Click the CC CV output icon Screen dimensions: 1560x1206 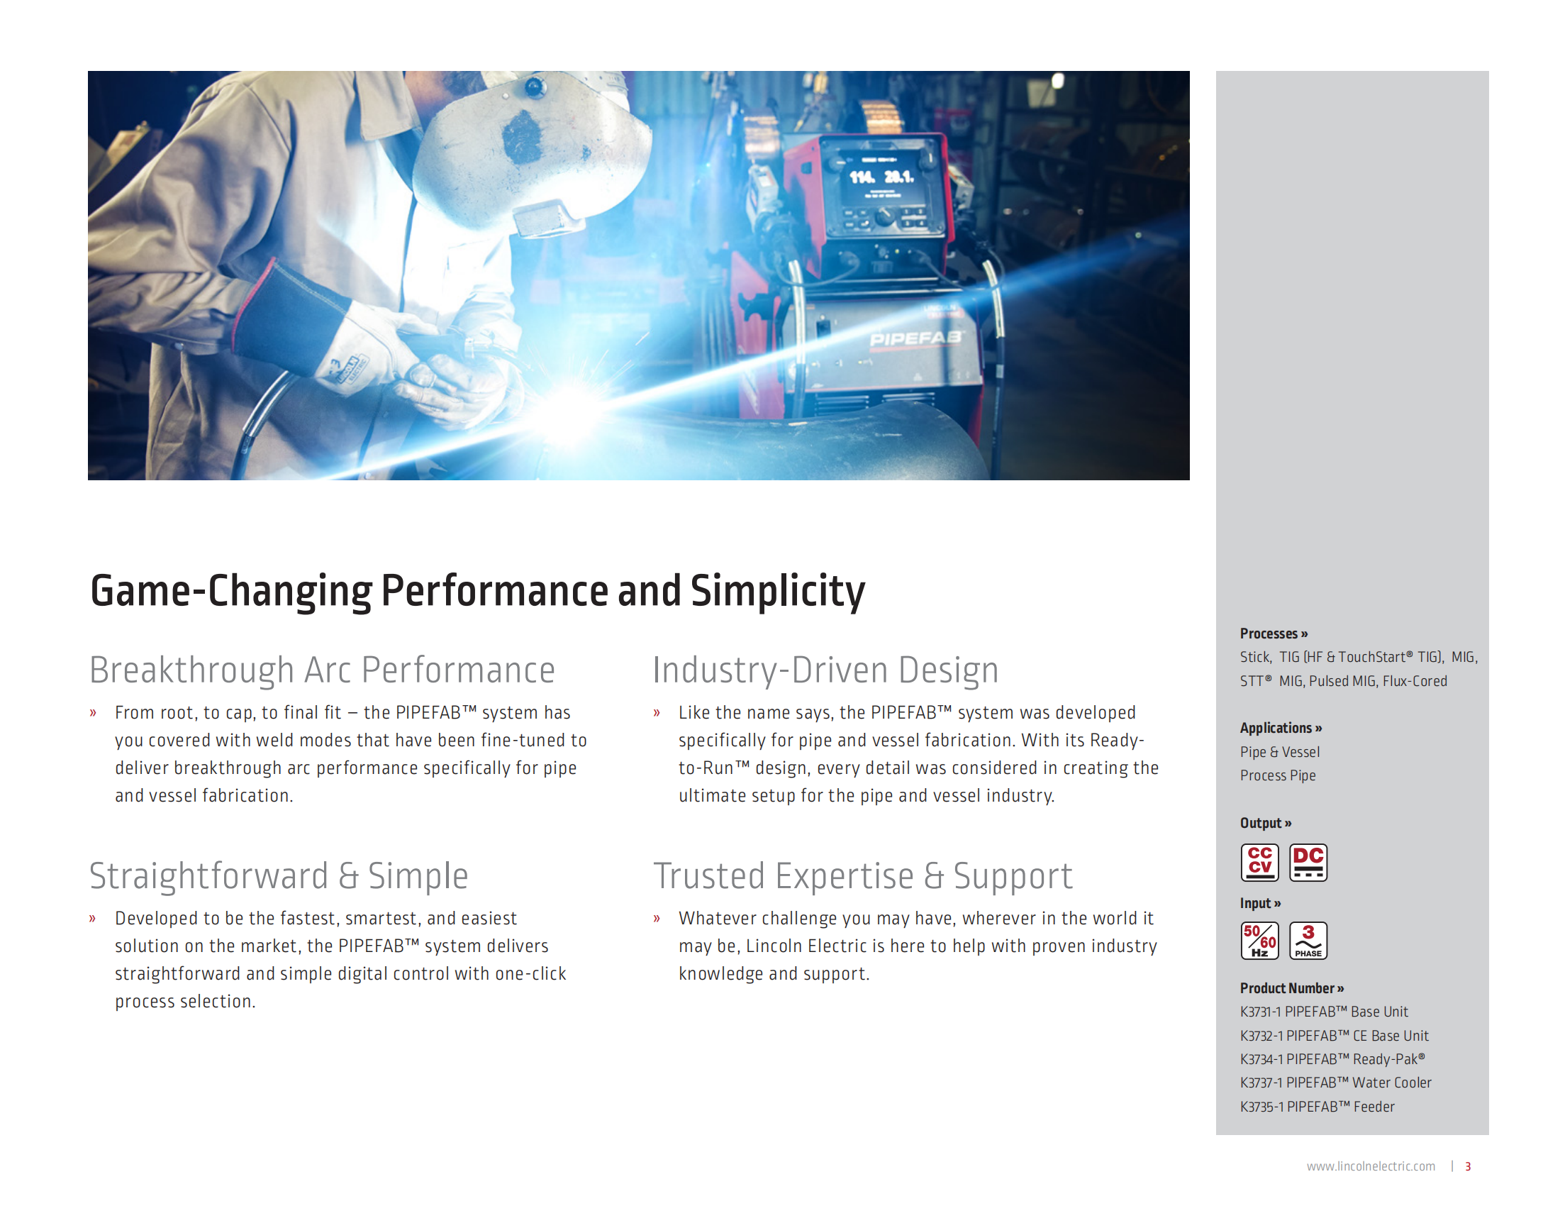click(x=1259, y=863)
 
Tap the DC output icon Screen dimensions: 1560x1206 click(x=1308, y=863)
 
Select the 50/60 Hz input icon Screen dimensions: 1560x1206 click(x=1259, y=940)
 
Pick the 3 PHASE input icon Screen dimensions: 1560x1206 click(x=1308, y=940)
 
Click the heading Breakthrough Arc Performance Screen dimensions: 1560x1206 click(x=322, y=670)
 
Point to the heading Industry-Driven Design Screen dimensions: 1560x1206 click(x=825, y=670)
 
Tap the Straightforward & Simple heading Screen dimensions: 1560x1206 click(x=279, y=876)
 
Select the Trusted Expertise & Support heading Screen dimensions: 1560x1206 click(x=863, y=876)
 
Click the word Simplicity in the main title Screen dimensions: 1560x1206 click(x=778, y=592)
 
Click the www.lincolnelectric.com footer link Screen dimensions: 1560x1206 click(x=1371, y=1166)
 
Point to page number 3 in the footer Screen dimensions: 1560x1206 click(x=1468, y=1166)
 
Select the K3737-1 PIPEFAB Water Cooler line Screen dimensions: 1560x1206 click(x=1336, y=1083)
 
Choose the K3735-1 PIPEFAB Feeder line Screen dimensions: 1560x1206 click(x=1317, y=1107)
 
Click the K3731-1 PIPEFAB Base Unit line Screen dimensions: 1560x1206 click(x=1325, y=1012)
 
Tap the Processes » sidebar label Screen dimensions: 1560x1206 click(x=1274, y=634)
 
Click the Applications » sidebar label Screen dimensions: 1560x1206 click(x=1281, y=728)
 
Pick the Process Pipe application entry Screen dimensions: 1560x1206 click(x=1278, y=775)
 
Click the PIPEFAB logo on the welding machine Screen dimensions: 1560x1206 click(x=915, y=338)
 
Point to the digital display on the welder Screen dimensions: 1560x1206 click(x=881, y=177)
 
